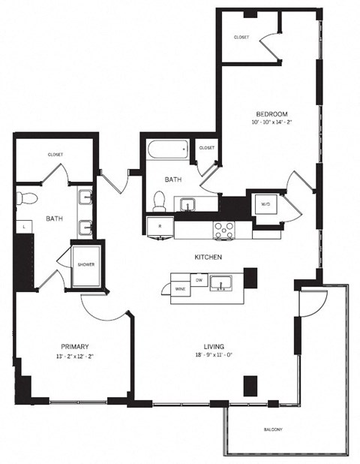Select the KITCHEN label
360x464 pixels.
207,257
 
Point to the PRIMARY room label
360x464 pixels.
75,346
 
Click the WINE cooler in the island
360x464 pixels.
181,289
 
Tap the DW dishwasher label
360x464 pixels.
199,279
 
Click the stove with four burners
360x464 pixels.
223,230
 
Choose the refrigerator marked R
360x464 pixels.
159,225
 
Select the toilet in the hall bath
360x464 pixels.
159,200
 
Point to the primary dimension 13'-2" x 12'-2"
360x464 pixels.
75,356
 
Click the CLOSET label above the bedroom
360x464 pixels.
241,37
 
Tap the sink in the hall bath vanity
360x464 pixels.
186,203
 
